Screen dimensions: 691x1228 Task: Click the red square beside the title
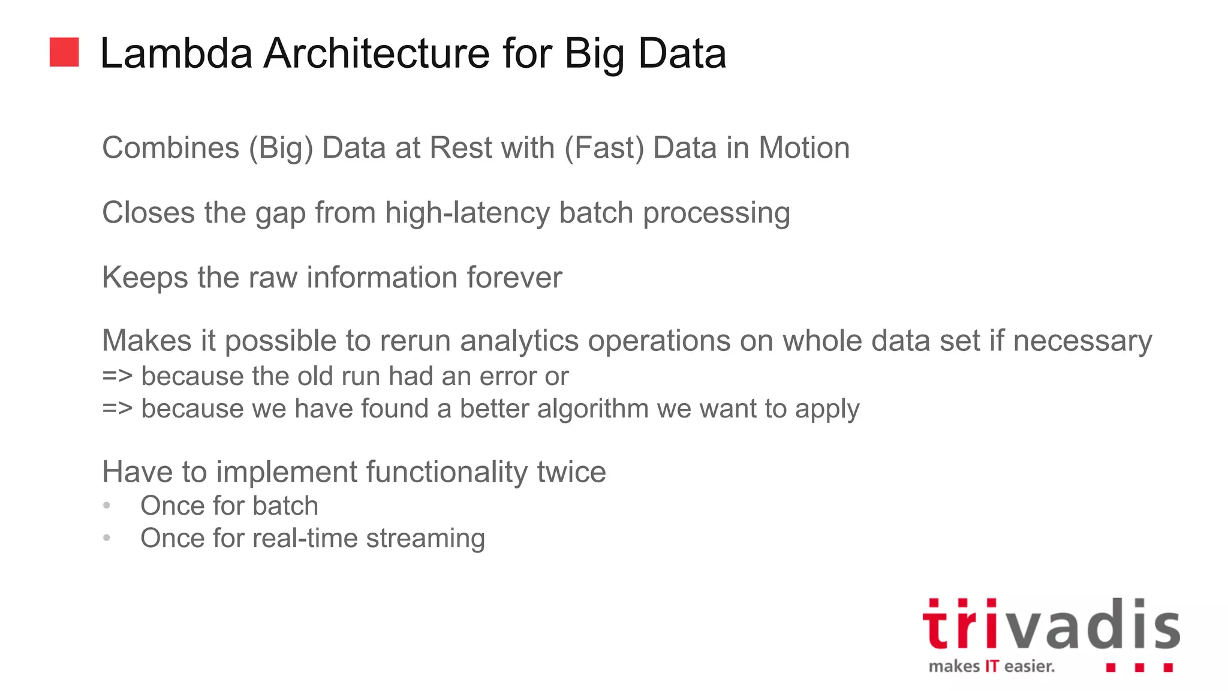coord(64,52)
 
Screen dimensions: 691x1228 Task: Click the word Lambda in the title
coord(176,54)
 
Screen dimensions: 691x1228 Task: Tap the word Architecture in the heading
coord(377,54)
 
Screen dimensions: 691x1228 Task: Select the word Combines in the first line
coord(170,148)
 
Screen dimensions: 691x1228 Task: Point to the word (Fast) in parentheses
coord(604,148)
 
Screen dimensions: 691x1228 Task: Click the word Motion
coord(804,148)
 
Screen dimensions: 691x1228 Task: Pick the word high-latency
coord(467,213)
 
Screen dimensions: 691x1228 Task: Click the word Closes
coord(148,213)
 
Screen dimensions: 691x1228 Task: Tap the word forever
coord(514,278)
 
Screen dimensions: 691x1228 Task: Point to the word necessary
coord(1082,341)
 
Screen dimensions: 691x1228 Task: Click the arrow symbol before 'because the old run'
coord(117,377)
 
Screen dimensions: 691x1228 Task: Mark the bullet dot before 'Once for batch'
coord(107,506)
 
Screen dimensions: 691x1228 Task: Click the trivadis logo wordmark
coord(1051,626)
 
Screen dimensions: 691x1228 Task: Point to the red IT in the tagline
coord(992,666)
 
